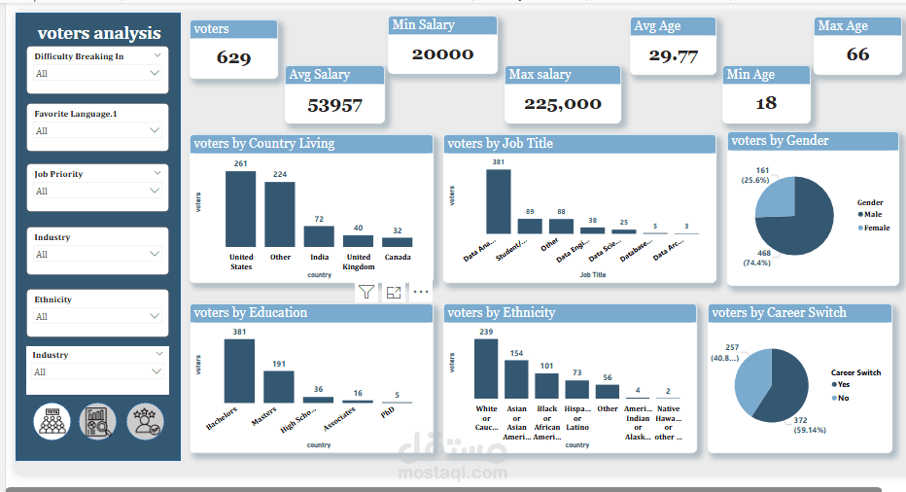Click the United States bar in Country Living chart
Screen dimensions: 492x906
240,209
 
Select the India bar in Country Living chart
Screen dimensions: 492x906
319,236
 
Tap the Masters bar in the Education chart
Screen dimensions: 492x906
278,386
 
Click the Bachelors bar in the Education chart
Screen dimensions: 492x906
239,370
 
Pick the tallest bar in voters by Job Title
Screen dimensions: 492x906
498,201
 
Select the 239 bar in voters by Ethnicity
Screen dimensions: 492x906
486,369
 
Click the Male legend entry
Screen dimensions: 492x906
871,214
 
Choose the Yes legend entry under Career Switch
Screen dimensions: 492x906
843,384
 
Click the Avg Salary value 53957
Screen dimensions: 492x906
334,104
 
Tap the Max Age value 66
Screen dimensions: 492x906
857,54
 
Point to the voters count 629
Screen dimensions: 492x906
233,58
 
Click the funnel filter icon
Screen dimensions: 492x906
366,291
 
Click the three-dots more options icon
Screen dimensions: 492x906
421,291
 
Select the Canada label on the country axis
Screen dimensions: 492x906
397,258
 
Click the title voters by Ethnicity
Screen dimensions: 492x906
502,313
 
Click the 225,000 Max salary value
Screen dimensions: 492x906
563,104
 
